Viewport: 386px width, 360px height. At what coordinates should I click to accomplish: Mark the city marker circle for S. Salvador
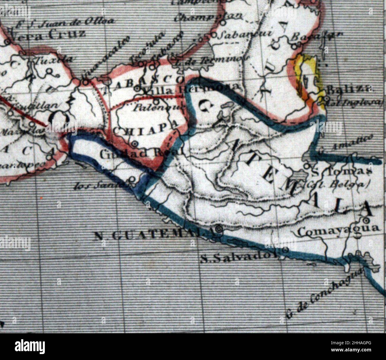(285, 250)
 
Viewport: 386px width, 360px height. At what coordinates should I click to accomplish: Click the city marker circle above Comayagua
(366, 220)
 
